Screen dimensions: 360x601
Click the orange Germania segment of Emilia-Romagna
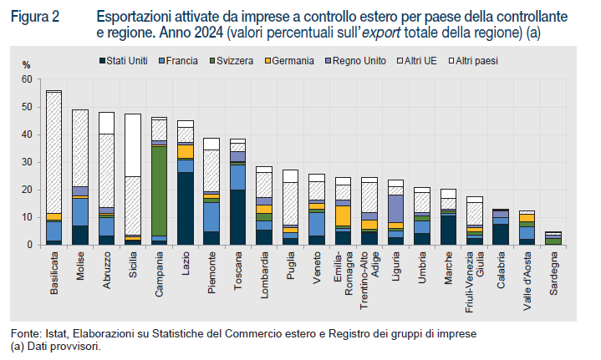click(x=343, y=215)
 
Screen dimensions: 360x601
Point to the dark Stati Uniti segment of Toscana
click(x=237, y=217)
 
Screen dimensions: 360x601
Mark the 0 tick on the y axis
click(x=28, y=245)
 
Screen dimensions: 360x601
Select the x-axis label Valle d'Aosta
click(x=527, y=276)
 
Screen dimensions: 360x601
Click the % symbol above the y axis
click(x=26, y=65)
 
